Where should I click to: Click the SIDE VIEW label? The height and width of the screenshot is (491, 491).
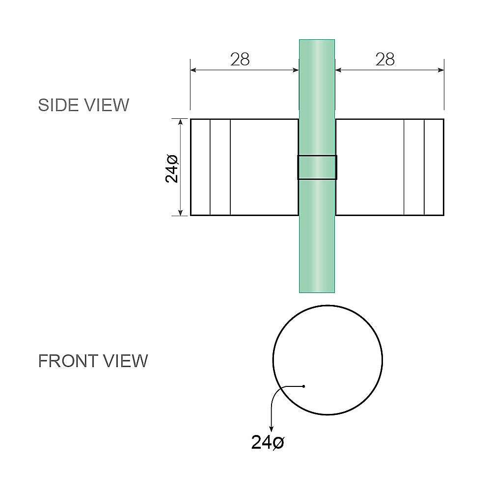pos(83,105)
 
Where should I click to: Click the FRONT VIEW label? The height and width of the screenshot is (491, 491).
pos(93,361)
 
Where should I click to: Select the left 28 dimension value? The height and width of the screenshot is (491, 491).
pos(240,59)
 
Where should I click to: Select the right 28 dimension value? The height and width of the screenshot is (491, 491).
pos(385,59)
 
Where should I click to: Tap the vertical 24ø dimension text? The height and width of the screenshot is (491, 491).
pos(172,167)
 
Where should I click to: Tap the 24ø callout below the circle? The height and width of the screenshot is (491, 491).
pos(268,442)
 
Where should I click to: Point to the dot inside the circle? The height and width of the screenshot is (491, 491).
pos(304,386)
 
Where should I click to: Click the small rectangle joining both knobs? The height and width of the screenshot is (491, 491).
pos(317,167)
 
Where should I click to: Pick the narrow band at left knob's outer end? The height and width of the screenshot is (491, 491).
pos(200,167)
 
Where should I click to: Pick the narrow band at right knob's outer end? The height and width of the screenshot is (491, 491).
pos(434,167)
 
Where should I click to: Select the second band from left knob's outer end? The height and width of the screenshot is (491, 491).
pos(220,167)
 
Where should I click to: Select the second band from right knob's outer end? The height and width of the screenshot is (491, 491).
pos(414,167)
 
